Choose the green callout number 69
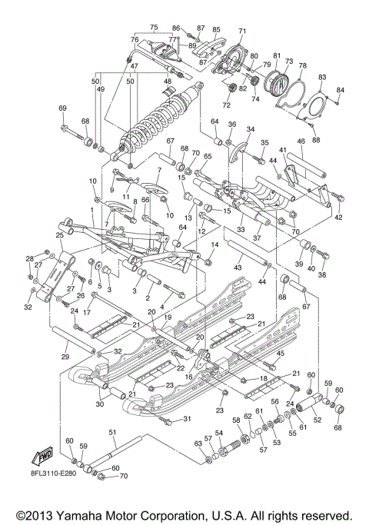tap(62, 108)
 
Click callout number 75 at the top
tap(155, 27)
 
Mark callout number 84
tap(340, 90)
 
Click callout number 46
tap(301, 141)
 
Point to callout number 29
tap(65, 357)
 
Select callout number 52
tap(317, 420)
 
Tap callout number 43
tap(238, 267)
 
